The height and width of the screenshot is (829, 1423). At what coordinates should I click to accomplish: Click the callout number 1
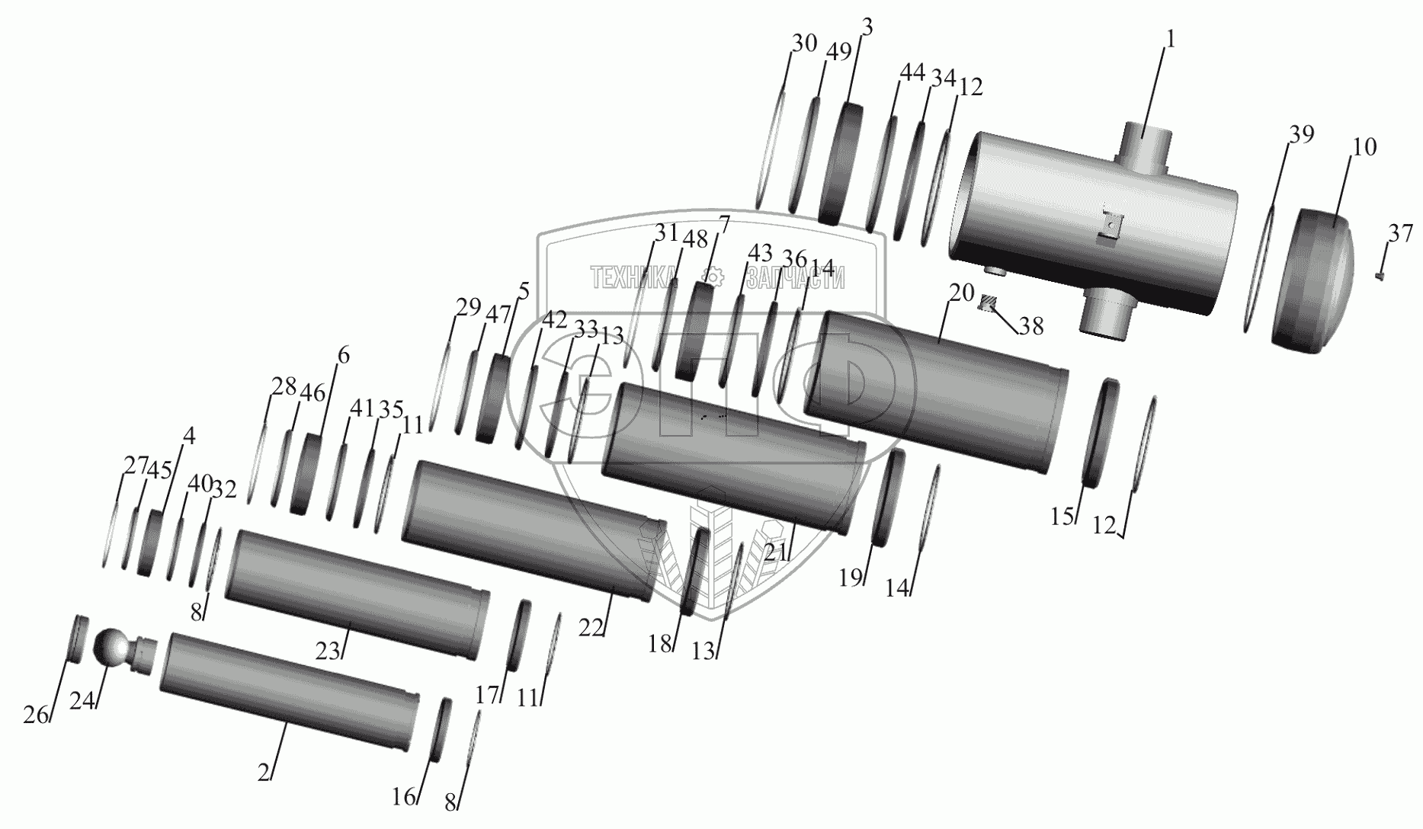click(1170, 39)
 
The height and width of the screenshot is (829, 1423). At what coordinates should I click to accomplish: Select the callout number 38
click(1031, 326)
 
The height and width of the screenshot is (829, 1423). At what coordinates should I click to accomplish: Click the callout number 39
click(1302, 135)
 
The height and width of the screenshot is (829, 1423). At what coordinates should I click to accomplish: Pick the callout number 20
click(963, 292)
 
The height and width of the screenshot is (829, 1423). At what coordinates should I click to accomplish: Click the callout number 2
click(264, 773)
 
